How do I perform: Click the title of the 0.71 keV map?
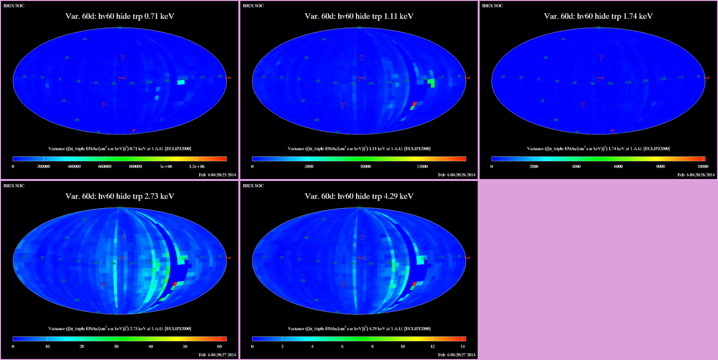pos(120,16)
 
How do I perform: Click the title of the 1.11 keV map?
pos(359,16)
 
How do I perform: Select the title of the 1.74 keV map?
pos(598,16)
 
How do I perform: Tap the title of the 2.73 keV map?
pos(120,196)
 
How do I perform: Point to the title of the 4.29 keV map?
pos(359,196)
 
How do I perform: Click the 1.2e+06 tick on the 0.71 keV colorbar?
pos(203,167)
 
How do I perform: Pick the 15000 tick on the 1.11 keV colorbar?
pos(422,167)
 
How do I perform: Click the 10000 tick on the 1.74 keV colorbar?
pos(703,167)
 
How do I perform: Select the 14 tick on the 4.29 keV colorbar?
pos(463,347)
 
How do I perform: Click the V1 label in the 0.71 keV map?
pos(122,57)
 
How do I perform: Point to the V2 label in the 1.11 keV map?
pos(343,104)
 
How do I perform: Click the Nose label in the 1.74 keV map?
pos(600,78)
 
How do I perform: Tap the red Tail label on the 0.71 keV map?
pos(228,78)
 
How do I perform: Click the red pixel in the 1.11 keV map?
pos(414,103)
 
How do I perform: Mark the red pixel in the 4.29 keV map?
pos(414,283)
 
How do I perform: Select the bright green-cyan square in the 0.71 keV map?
pos(181,83)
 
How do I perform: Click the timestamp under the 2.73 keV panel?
pos(218,355)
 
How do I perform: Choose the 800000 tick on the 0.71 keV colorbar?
pos(135,167)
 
